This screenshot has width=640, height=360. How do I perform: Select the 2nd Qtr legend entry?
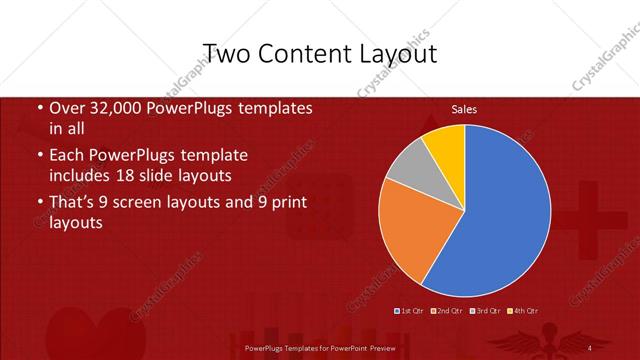click(x=445, y=311)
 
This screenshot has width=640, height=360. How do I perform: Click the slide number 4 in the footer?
click(x=590, y=347)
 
